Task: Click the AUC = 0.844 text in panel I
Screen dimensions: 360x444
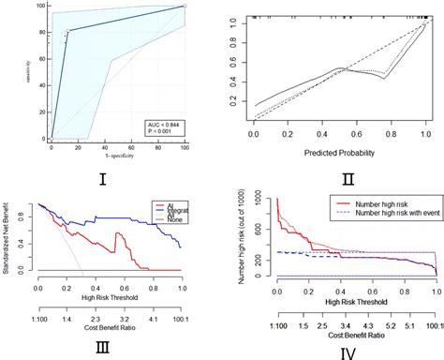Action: coord(162,124)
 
